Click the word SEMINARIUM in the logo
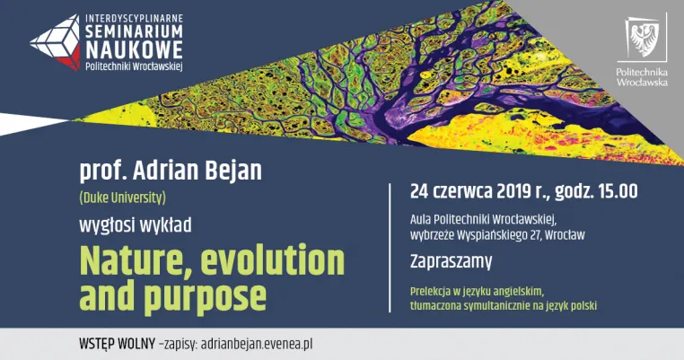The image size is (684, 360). pyautogui.click(x=134, y=31)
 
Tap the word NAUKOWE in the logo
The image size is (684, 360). pyautogui.click(x=134, y=49)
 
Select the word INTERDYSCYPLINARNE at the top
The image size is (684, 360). pyautogui.click(x=134, y=19)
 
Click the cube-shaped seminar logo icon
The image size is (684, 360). pyautogui.click(x=56, y=41)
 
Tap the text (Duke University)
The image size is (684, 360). pyautogui.click(x=123, y=198)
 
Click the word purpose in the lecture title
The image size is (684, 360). pyautogui.click(x=205, y=297)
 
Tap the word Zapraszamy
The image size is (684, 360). pyautogui.click(x=451, y=262)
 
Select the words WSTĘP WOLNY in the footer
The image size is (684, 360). pyautogui.click(x=117, y=344)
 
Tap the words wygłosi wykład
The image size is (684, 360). pyautogui.click(x=136, y=226)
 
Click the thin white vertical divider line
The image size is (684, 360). pyautogui.click(x=390, y=248)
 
